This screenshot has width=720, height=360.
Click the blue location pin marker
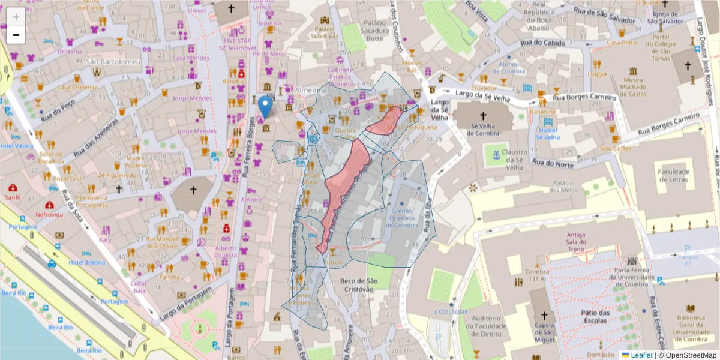[x=264, y=106]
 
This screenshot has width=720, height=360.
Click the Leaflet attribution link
[x=641, y=355]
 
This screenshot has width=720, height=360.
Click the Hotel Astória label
[x=86, y=263]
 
